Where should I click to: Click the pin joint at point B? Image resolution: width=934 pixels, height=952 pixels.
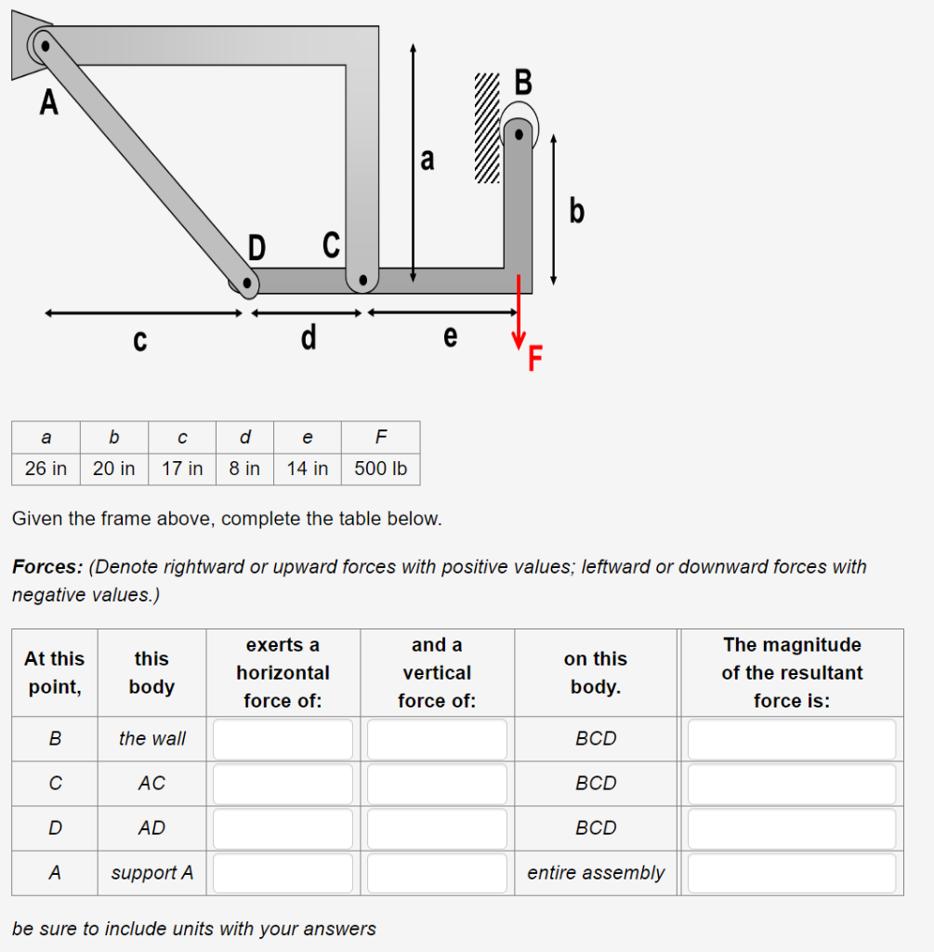520,135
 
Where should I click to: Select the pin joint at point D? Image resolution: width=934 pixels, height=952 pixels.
246,283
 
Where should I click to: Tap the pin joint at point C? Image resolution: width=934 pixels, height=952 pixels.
363,279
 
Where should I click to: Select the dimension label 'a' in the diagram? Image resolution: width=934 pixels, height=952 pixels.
427,160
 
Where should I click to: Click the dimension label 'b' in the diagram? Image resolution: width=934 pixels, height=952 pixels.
577,212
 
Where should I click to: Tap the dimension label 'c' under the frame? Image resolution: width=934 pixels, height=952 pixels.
139,341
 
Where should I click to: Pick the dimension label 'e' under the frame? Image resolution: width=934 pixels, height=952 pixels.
450,337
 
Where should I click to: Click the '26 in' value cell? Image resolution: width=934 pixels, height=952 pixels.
46,469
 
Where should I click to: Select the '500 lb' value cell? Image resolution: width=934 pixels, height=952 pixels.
380,469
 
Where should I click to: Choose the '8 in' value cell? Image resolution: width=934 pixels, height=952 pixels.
244,469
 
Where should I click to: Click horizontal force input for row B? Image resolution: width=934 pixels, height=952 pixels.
283,739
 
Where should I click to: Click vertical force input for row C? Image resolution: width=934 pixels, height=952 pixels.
437,784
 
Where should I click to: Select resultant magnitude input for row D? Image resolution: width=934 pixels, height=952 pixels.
791,828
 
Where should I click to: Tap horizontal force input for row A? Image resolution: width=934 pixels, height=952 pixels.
283,873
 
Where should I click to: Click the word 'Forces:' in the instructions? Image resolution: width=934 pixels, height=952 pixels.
47,566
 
